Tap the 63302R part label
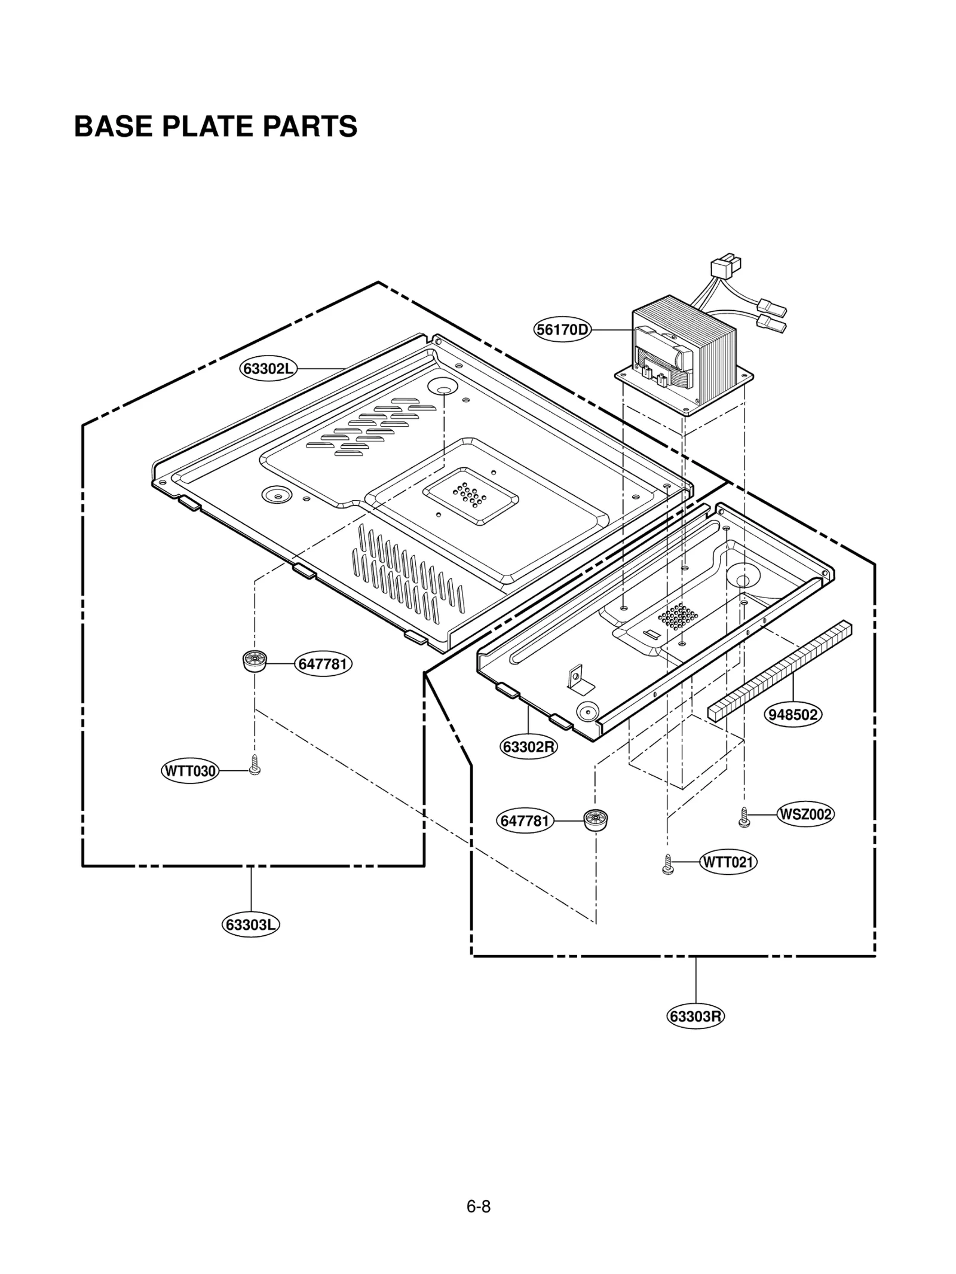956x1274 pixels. point(529,747)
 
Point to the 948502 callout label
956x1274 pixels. point(793,715)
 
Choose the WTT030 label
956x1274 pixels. point(189,771)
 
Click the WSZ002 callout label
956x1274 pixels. point(805,814)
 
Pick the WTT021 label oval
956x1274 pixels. point(727,862)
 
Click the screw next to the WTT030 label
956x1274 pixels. point(255,765)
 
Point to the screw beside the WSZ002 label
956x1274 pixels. point(744,817)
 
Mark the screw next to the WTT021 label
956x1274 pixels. point(669,865)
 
